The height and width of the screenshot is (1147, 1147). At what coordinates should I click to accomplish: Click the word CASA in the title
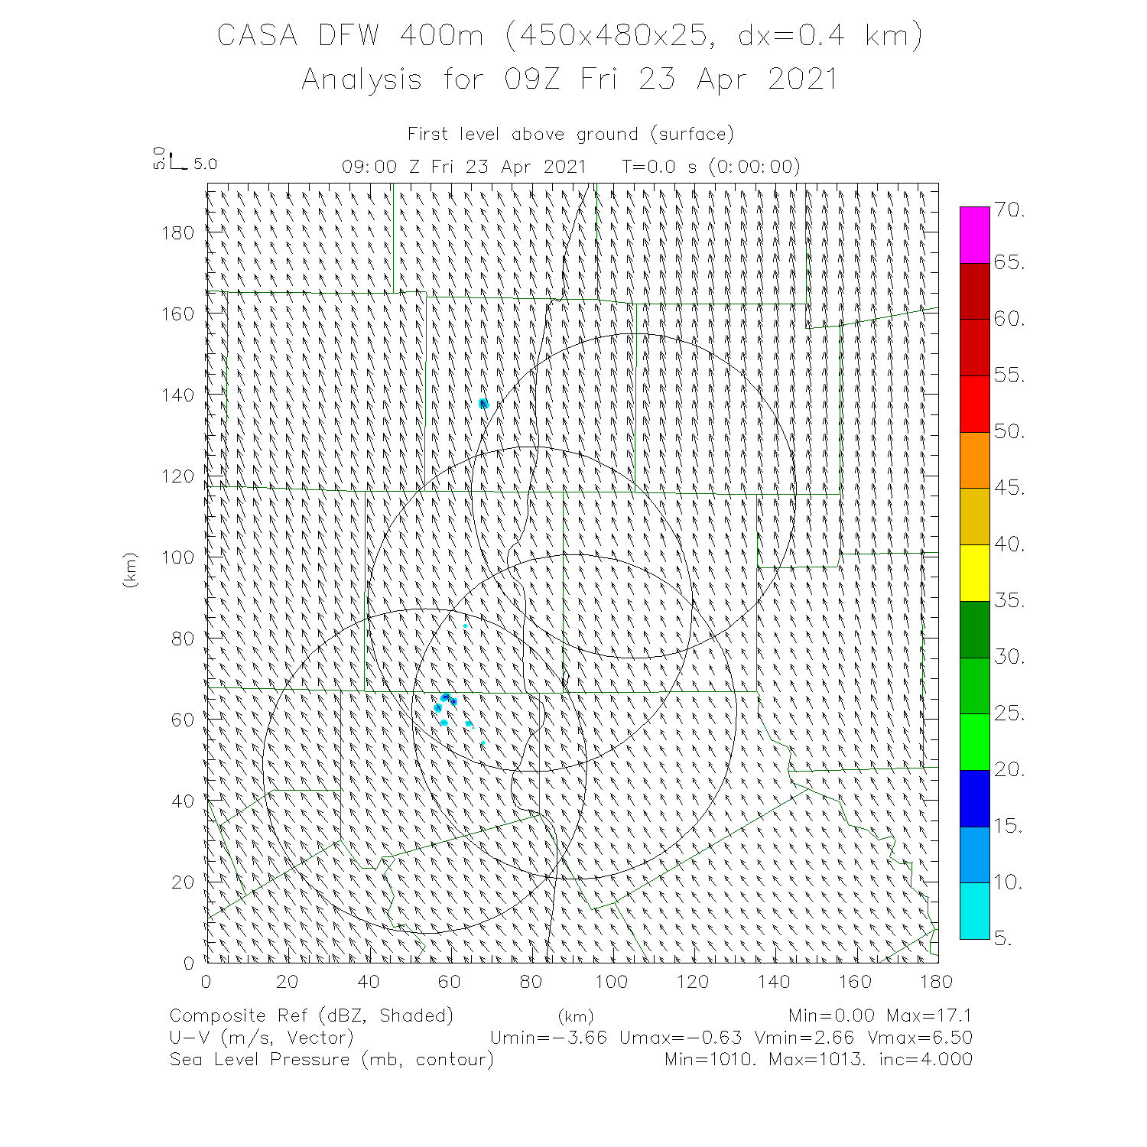(257, 35)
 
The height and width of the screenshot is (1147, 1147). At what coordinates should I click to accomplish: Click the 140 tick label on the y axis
(178, 395)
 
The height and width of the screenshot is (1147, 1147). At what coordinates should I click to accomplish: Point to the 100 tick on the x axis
(612, 981)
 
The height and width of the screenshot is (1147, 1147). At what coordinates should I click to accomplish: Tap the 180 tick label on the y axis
(178, 232)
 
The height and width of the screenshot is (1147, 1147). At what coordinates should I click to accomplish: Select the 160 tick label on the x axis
(855, 981)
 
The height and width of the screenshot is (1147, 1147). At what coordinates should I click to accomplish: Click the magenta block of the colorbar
(974, 235)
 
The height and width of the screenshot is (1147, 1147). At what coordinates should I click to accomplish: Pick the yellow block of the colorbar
(974, 573)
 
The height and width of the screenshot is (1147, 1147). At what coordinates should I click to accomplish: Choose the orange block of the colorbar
(974, 460)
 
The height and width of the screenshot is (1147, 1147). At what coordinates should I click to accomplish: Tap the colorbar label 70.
(1009, 210)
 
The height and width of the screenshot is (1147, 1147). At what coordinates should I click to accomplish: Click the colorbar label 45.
(1009, 488)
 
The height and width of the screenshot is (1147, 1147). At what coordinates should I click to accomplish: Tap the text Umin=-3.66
(548, 1038)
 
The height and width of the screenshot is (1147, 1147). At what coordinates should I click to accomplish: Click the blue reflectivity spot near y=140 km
(483, 404)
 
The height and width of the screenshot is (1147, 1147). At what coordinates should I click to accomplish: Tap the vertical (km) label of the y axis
(130, 570)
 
